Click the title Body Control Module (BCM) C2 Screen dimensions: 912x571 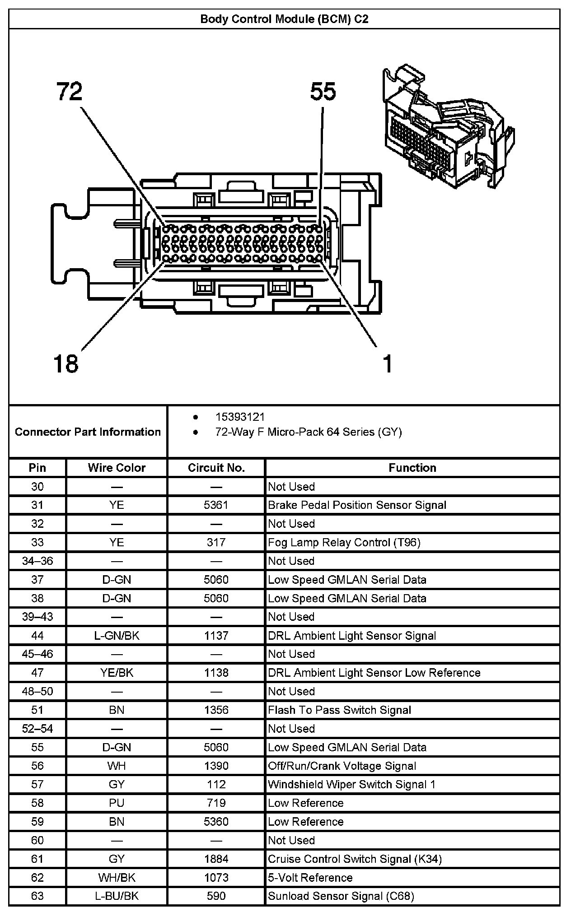tap(284, 19)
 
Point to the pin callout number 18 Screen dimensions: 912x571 tap(66, 363)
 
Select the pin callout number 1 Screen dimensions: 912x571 tap(387, 363)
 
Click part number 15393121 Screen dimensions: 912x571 tap(240, 417)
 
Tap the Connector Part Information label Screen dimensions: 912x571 tap(88, 432)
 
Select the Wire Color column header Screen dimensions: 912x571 tap(117, 468)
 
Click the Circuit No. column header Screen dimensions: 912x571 tap(216, 468)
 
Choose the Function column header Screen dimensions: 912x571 tap(412, 468)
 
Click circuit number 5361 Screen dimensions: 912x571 tap(216, 505)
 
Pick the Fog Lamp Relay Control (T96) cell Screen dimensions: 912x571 tap(344, 542)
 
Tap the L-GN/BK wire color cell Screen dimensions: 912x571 tap(117, 636)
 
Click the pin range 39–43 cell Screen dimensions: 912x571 tap(37, 617)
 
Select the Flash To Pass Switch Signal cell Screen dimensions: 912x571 tap(339, 710)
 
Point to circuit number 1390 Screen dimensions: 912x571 tap(216, 766)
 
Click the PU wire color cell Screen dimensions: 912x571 tap(117, 803)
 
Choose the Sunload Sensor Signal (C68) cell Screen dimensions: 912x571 tap(341, 896)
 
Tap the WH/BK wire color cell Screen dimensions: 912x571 tap(117, 878)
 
